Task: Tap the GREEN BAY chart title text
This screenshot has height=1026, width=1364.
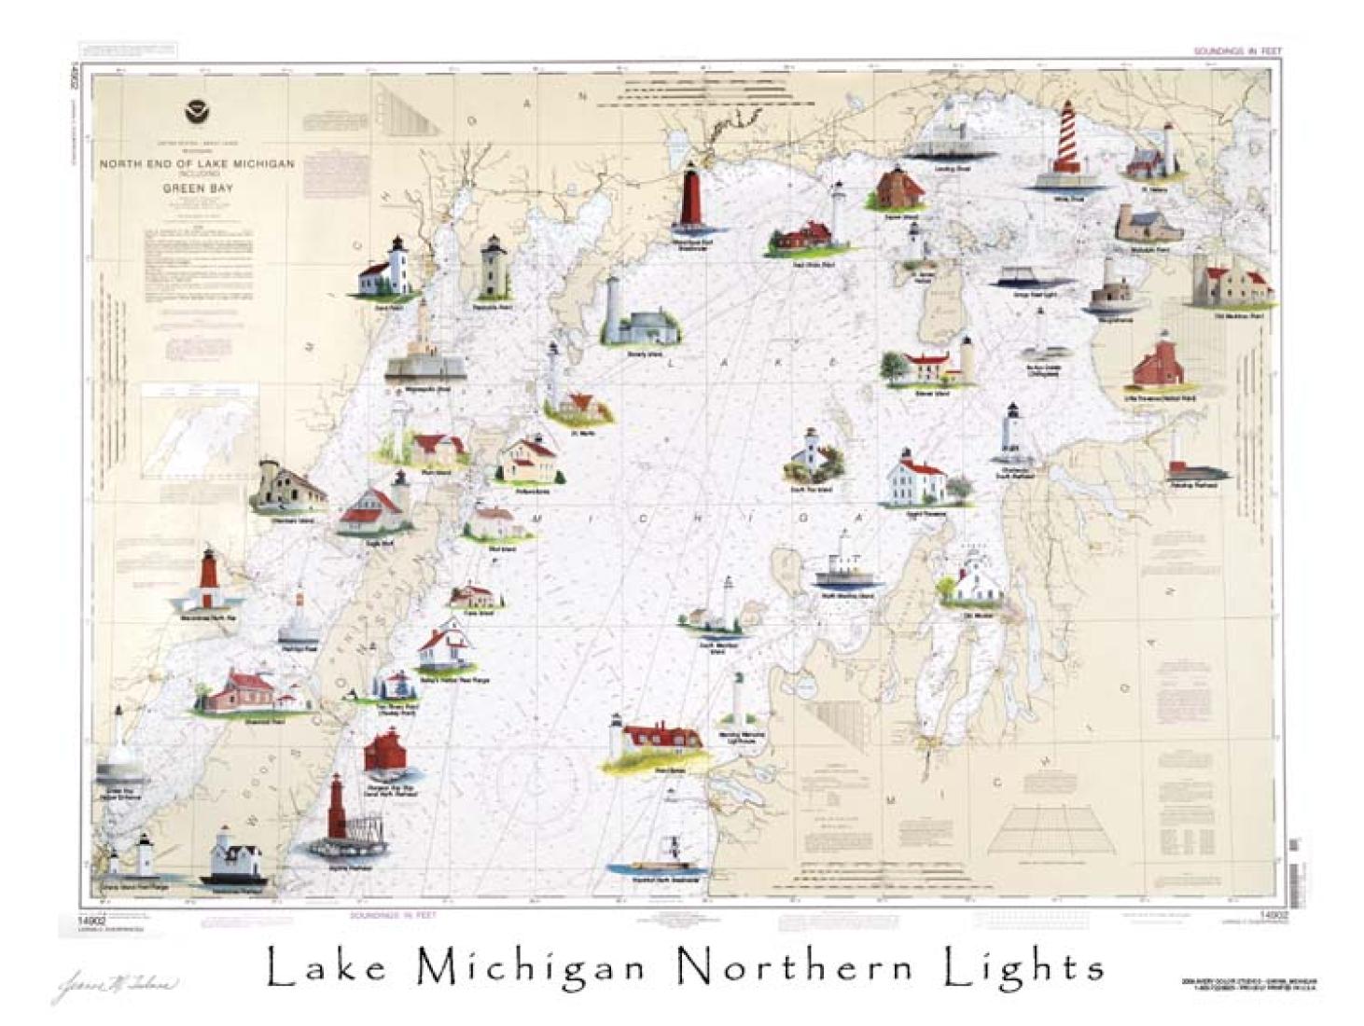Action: [x=197, y=187]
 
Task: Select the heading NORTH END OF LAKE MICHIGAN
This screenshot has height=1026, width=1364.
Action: [x=197, y=163]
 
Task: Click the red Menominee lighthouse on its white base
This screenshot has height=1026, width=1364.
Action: [x=208, y=580]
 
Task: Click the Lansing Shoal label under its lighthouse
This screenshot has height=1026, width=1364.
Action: [x=951, y=169]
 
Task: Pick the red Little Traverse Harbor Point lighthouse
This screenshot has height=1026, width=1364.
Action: [x=1159, y=364]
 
